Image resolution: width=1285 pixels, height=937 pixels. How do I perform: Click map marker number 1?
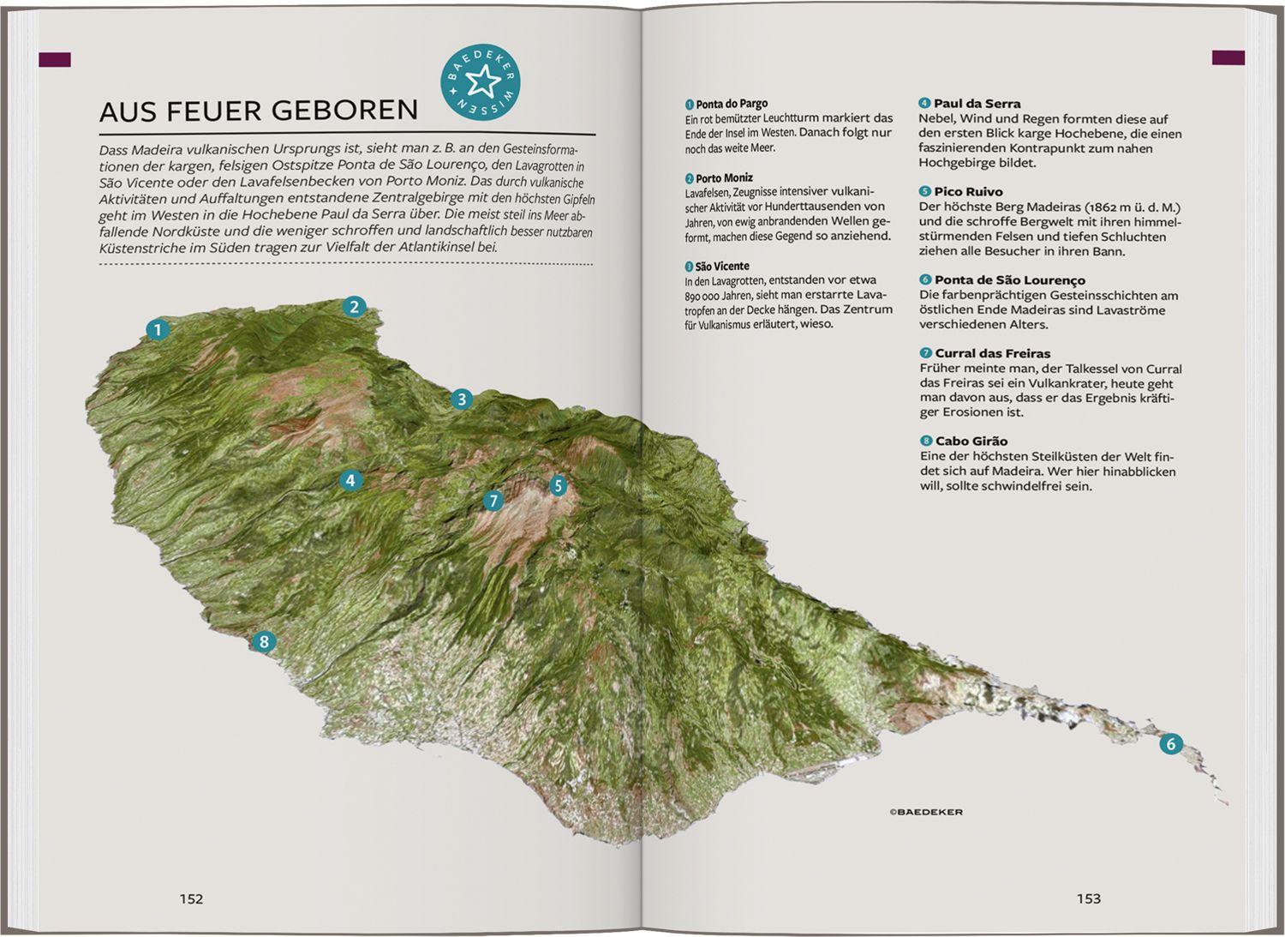[x=157, y=329]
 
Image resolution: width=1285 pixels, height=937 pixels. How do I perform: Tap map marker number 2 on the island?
[x=355, y=307]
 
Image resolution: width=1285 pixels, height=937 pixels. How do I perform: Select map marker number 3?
[x=462, y=399]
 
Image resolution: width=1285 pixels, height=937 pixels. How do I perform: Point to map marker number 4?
[x=350, y=480]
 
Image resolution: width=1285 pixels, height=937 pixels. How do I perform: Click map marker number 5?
[x=558, y=486]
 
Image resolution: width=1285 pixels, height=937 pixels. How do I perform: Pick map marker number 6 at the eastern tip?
[x=1170, y=743]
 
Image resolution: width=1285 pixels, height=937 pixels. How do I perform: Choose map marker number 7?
[x=493, y=501]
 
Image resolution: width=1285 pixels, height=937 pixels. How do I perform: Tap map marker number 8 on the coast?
[x=263, y=641]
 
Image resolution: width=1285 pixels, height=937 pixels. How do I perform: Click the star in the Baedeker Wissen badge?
[x=481, y=83]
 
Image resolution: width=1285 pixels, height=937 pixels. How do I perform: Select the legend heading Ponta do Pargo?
[x=731, y=104]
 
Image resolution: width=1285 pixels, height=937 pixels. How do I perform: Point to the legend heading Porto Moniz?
[x=724, y=178]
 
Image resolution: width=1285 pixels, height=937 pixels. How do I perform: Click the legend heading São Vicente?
[x=721, y=267]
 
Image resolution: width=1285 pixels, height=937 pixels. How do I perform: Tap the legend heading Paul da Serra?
[x=977, y=104]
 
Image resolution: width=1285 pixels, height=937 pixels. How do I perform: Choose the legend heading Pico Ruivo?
[x=968, y=192]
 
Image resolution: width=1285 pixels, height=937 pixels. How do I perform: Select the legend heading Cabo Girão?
[x=971, y=441]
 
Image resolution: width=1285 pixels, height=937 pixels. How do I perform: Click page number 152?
[x=191, y=898]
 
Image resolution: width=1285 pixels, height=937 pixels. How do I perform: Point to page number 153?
[x=1088, y=898]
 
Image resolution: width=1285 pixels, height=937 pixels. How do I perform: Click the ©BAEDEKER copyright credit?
[x=925, y=812]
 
